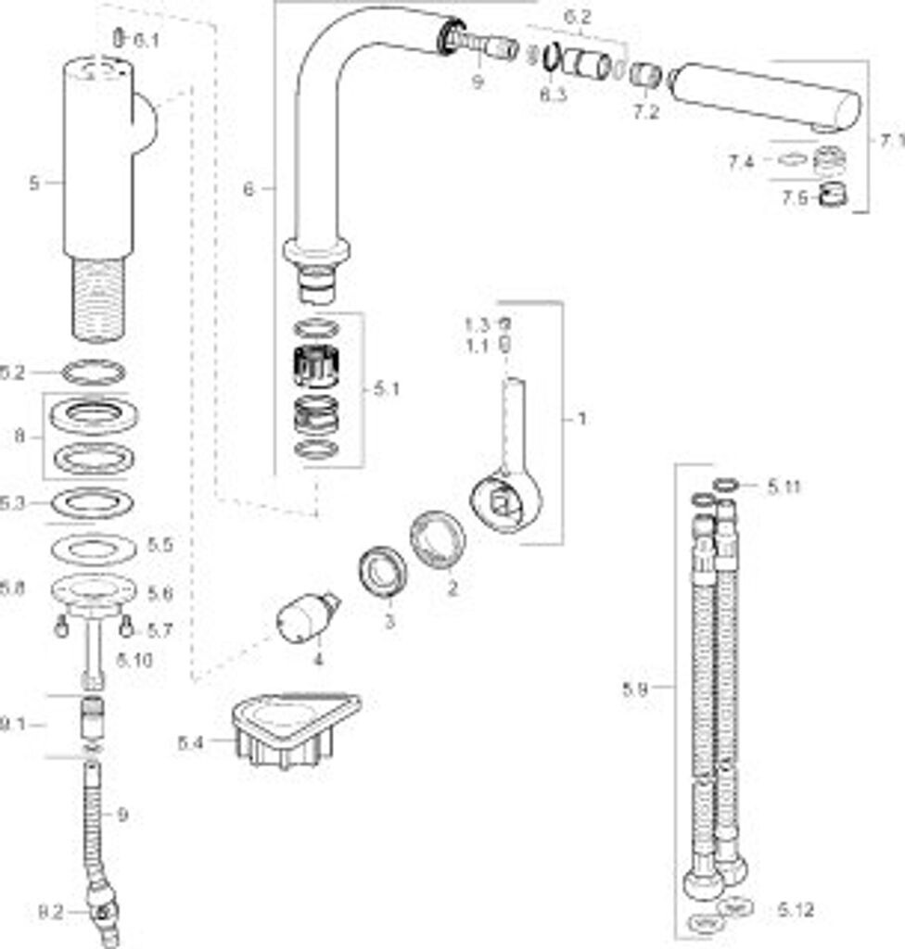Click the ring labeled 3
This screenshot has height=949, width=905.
381,574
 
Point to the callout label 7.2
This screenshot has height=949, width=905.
645,112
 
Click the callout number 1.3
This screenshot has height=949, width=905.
477,324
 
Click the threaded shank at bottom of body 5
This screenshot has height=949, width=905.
95,298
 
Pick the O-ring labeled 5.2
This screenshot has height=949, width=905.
93,373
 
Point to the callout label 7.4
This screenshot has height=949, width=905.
741,162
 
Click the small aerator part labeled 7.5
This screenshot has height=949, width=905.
827,196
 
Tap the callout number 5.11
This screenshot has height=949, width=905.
784,486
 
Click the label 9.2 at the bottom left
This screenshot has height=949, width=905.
49,912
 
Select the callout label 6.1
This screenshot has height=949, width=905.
147,40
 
